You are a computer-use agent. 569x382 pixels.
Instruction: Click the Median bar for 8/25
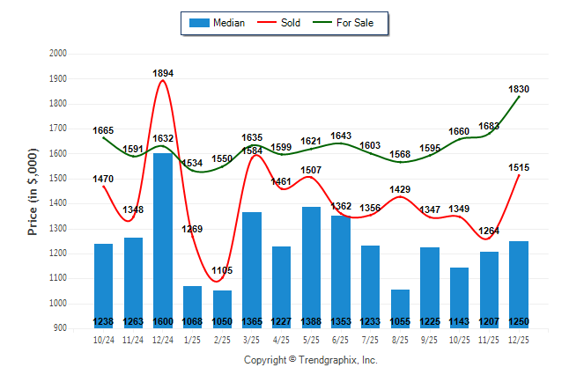tap(400, 304)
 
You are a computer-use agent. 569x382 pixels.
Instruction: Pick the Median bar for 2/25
tap(222, 304)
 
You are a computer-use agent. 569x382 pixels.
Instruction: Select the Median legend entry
tap(219, 23)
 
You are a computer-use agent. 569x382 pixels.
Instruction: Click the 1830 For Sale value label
tap(519, 89)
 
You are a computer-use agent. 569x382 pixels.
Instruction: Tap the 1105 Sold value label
tap(222, 270)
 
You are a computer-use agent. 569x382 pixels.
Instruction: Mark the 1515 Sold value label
tap(519, 167)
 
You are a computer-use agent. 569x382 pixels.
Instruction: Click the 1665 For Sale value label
tap(103, 130)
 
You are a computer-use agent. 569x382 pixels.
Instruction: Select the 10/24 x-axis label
tap(103, 339)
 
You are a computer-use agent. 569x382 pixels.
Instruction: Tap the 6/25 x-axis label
tap(341, 339)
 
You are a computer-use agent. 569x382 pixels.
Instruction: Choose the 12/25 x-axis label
tap(519, 339)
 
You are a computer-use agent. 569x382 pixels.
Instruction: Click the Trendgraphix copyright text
tap(310, 360)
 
